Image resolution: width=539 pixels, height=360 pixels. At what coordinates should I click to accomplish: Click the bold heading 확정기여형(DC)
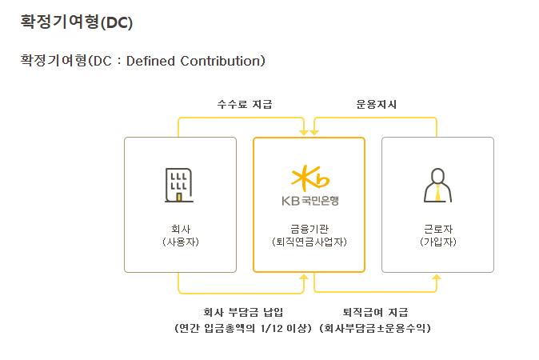[x=76, y=22]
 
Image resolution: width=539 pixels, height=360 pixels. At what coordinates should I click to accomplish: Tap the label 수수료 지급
[x=245, y=104]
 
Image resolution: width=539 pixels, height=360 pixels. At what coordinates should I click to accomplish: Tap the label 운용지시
[x=377, y=104]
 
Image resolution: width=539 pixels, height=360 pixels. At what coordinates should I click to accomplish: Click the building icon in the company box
[x=180, y=185]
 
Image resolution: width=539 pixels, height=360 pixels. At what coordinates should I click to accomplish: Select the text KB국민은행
[x=309, y=200]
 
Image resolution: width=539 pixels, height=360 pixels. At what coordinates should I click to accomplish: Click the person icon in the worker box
[x=437, y=186]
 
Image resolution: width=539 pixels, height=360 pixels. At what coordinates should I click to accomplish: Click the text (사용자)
[x=180, y=241]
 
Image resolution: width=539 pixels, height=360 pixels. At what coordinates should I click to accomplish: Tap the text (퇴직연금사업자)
[x=309, y=241]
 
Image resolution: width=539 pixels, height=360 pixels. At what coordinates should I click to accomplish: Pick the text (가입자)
[x=437, y=241]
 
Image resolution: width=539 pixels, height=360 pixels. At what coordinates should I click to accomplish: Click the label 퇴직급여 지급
[x=375, y=312]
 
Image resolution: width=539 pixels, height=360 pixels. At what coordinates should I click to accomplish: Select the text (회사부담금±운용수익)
[x=375, y=328]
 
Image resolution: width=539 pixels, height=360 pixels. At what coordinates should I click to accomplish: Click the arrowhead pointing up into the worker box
[x=437, y=277]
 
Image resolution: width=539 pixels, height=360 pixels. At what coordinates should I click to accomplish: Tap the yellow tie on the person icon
[x=437, y=193]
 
